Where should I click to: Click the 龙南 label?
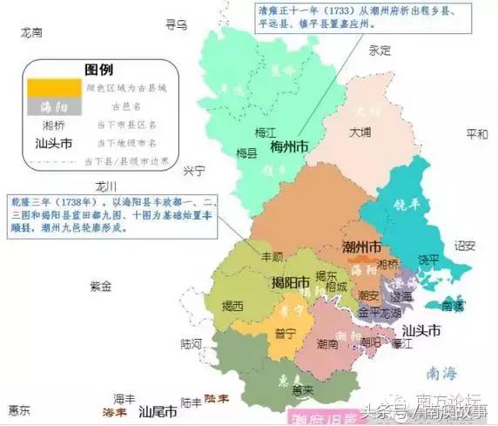(x=32, y=31)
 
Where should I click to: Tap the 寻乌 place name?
(x=177, y=25)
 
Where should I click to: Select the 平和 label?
(x=478, y=134)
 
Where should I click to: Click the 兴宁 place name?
(x=193, y=169)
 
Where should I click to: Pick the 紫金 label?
(x=101, y=286)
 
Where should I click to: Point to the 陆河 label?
(x=191, y=343)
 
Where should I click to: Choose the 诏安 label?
(x=466, y=246)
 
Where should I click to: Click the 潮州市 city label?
(x=361, y=247)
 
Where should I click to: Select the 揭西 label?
(x=232, y=305)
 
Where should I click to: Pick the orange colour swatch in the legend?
(x=54, y=87)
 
